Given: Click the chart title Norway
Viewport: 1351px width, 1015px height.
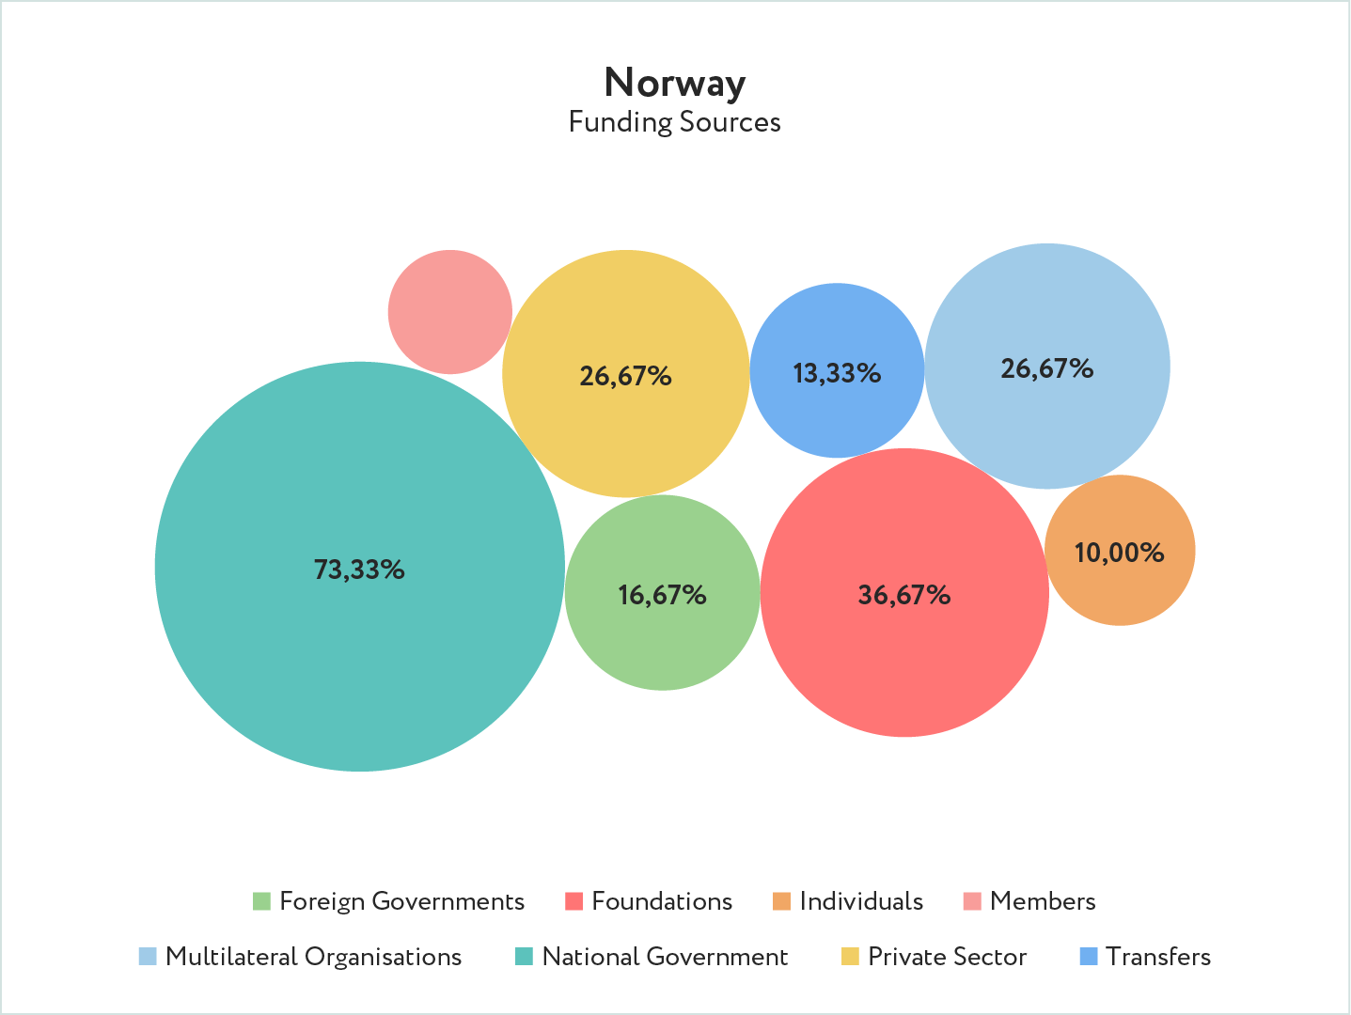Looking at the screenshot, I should tap(675, 83).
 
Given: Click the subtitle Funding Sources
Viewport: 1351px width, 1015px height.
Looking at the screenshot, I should tap(675, 122).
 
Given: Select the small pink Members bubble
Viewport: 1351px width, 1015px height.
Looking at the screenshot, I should tap(449, 312).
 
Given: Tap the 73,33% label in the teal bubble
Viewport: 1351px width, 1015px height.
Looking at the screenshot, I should tap(359, 570).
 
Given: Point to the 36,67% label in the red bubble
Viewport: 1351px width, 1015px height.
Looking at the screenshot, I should tap(903, 595).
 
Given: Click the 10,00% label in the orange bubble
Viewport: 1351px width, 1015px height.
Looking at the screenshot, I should tap(1119, 553).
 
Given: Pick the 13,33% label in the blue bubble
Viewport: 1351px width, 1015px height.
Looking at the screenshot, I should tap(837, 374).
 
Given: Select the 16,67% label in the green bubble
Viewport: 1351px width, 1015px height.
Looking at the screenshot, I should tap(662, 595).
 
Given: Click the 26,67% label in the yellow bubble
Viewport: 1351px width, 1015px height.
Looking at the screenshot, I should tap(625, 377).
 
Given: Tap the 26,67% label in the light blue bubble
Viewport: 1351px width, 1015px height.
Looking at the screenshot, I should tap(1046, 368).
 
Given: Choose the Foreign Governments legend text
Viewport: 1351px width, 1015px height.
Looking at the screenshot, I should tap(401, 901).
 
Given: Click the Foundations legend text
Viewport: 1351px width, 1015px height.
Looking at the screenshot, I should tap(662, 901).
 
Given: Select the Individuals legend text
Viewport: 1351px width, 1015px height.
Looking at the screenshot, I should tap(861, 901).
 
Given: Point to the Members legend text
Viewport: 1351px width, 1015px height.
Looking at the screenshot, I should tap(1043, 901).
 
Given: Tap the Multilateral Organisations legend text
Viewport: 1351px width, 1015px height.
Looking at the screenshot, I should tap(313, 957).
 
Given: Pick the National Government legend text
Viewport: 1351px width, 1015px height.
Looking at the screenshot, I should tap(665, 957).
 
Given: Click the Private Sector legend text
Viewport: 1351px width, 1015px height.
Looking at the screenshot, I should tap(947, 957).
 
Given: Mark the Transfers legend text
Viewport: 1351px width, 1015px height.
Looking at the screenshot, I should tap(1158, 957).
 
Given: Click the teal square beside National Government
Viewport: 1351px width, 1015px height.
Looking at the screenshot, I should tap(524, 957).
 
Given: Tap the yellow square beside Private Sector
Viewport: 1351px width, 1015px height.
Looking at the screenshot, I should tap(850, 957).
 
